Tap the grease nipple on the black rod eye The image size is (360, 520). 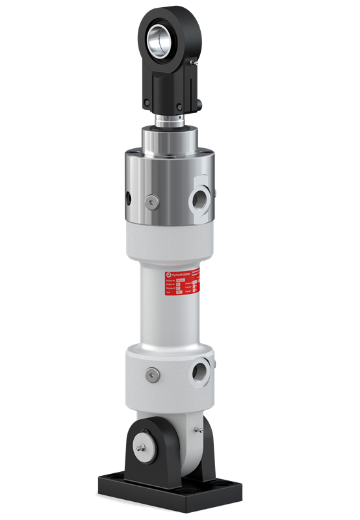pos(193,62)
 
